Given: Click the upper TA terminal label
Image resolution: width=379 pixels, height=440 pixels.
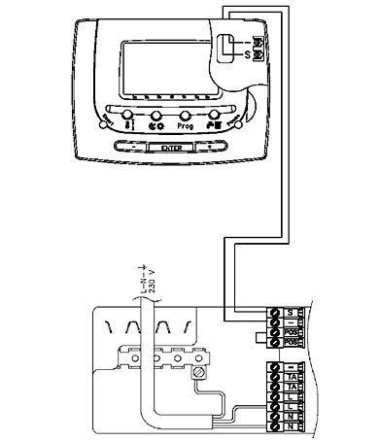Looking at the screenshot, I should (x=292, y=377).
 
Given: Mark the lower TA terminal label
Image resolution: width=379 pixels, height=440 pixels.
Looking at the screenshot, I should (x=292, y=388).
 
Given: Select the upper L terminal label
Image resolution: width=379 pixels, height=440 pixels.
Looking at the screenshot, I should (x=292, y=398).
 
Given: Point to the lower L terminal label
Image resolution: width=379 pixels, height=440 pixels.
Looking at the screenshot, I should (x=292, y=409).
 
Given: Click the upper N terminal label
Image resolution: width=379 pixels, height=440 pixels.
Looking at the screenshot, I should (x=292, y=419).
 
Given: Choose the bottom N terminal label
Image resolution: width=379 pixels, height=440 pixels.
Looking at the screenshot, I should (x=292, y=429).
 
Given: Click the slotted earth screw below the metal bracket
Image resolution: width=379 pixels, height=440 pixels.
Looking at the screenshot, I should (x=199, y=372).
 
